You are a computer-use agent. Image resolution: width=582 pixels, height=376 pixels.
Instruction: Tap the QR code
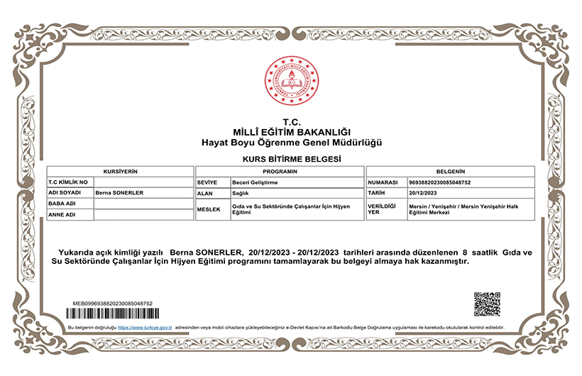tap(487, 304)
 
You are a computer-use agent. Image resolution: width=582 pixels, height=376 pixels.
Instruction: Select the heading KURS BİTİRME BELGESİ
tap(292, 158)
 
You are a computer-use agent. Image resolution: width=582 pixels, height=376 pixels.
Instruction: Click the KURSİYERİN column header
tap(120, 172)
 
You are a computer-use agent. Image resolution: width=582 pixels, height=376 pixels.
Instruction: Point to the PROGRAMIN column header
tap(279, 172)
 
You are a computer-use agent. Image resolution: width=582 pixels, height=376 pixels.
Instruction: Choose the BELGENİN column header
tap(450, 172)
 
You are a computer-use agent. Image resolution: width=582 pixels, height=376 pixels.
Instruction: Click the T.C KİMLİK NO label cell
tap(69, 182)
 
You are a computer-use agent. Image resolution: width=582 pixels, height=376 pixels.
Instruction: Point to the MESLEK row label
tap(209, 209)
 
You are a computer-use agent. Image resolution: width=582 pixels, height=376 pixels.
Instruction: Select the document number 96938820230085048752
tap(440, 182)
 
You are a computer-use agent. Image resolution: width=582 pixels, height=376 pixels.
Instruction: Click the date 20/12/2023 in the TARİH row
tap(424, 193)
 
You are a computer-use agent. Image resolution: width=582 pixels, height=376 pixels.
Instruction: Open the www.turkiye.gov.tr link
tap(145, 327)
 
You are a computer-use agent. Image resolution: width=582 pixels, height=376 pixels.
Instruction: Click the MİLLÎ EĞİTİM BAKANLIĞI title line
tap(292, 132)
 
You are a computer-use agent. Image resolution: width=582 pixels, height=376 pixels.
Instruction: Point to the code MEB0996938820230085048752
tap(113, 303)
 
